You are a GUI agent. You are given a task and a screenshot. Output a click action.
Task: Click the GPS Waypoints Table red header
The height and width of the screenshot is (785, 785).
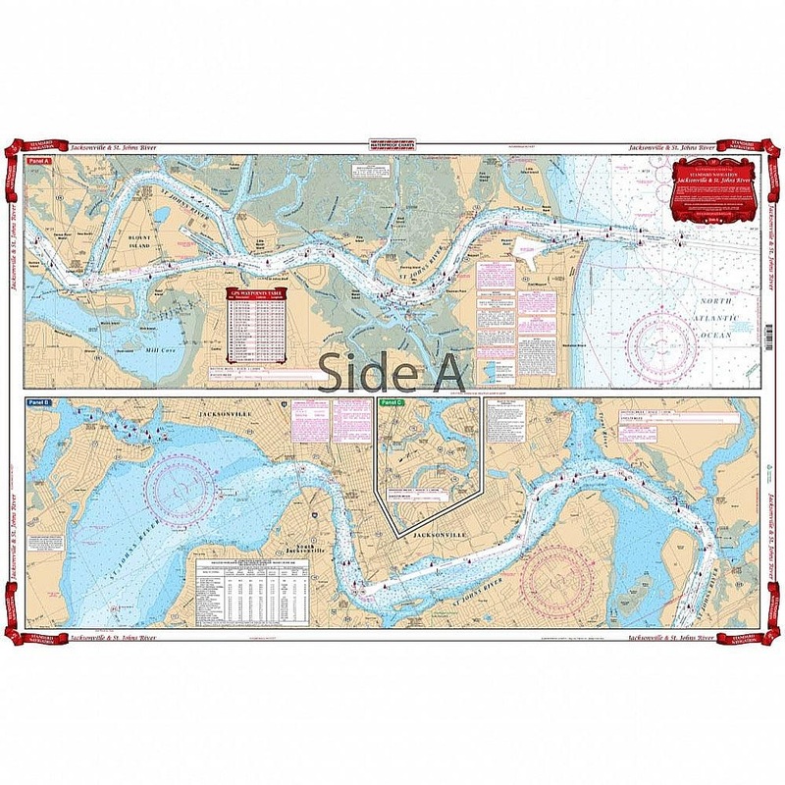[256, 292]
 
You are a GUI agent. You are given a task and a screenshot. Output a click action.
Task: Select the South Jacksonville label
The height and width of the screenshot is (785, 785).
[295, 549]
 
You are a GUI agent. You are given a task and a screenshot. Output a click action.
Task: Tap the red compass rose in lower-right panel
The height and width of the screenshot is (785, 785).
[555, 577]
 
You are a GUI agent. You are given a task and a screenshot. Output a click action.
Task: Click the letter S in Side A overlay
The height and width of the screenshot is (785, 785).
[337, 373]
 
